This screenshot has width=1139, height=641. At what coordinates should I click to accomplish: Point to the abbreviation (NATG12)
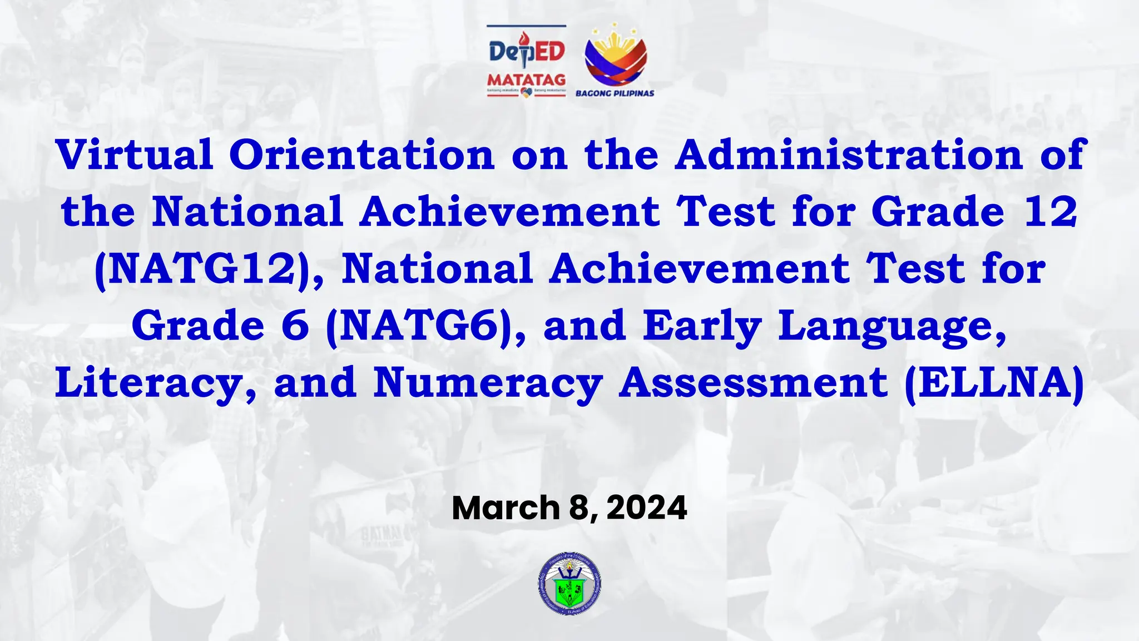203,269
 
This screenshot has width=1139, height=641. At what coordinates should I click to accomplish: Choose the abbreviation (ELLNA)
994,383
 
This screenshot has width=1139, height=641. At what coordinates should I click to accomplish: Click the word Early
702,327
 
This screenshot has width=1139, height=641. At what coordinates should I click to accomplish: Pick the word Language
892,327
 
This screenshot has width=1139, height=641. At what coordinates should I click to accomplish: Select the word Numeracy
488,383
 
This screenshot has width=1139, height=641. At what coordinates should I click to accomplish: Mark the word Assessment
753,383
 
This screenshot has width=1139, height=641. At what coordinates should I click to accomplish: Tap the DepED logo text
526,52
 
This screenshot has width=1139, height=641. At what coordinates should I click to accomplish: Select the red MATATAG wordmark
526,80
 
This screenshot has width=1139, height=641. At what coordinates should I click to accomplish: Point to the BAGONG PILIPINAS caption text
615,93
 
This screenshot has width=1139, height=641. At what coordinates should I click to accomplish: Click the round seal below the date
569,584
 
